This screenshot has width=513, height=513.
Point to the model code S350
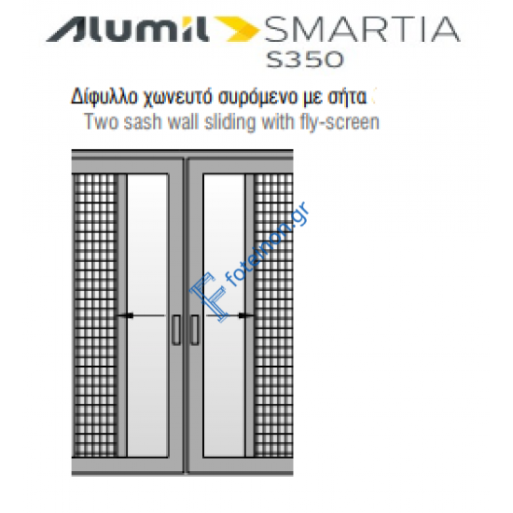point(304,59)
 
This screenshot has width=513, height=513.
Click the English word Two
point(99,121)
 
